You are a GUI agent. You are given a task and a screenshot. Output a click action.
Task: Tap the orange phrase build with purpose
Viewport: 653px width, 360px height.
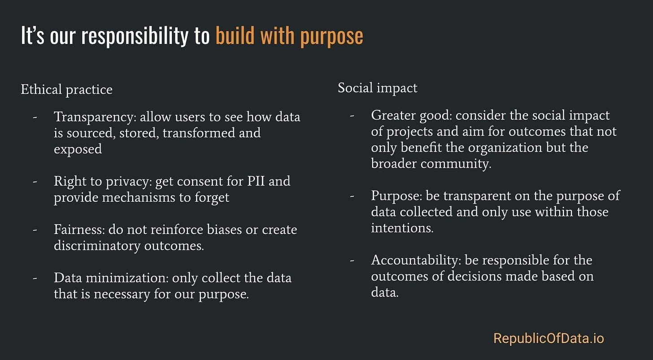(x=289, y=36)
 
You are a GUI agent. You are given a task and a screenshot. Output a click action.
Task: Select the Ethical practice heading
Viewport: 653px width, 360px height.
(x=66, y=90)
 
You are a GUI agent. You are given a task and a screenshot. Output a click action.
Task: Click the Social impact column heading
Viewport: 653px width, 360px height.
(x=377, y=88)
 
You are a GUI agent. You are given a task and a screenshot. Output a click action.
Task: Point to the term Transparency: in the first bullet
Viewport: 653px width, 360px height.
(x=95, y=117)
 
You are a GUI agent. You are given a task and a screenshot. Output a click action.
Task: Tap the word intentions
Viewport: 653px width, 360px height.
(x=401, y=228)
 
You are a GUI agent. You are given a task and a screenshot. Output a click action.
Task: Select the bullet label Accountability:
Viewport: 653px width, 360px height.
(x=416, y=260)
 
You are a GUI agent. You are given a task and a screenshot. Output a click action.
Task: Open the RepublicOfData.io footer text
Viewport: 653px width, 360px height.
(x=549, y=338)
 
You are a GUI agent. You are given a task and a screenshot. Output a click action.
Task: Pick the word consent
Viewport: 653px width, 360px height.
(x=183, y=181)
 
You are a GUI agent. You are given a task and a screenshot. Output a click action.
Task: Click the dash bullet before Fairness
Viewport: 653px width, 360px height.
(x=35, y=230)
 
